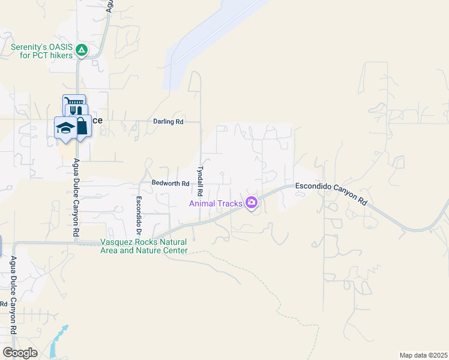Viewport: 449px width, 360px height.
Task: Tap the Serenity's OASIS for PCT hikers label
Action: [x=41, y=51]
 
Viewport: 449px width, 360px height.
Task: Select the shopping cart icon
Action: [x=74, y=102]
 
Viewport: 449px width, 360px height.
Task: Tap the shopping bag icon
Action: [x=82, y=126]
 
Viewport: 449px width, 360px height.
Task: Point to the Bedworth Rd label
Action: [x=170, y=183]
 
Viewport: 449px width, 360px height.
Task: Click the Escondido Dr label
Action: [x=139, y=215]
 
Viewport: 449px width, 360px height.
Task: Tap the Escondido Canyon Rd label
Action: [x=331, y=194]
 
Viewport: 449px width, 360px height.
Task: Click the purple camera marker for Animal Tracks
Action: [x=252, y=203]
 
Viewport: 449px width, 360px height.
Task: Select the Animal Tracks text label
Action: [x=215, y=203]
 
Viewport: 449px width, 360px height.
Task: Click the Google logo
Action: [x=20, y=353]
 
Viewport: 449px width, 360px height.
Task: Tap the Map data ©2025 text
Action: [x=423, y=355]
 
